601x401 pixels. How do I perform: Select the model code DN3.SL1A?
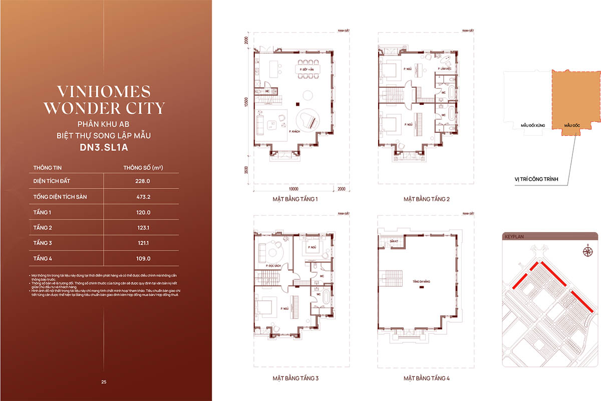pos(104,148)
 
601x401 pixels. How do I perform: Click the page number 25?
pos(104,382)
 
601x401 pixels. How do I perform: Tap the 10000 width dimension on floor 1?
pos(293,189)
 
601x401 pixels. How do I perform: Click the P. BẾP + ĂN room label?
pos(307,69)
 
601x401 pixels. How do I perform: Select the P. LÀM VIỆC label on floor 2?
pos(445,68)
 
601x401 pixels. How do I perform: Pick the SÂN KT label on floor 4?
pos(394,242)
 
